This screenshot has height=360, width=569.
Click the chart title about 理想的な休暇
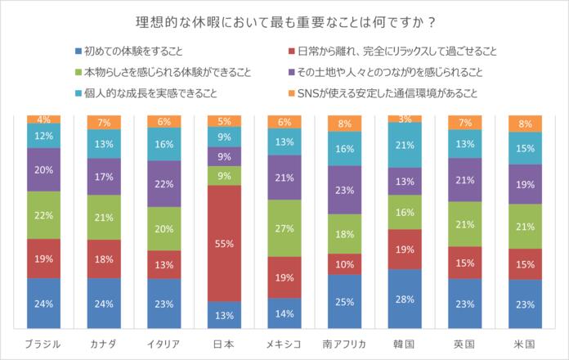pyautogui.click(x=284, y=20)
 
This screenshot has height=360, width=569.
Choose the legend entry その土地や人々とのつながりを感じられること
pyautogui.click(x=392, y=72)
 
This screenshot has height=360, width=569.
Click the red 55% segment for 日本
pyautogui.click(x=224, y=244)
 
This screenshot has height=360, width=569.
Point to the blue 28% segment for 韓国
pyautogui.click(x=405, y=299)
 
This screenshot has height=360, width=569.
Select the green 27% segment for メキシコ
pyautogui.click(x=284, y=228)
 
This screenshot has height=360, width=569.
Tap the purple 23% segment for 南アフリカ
pyautogui.click(x=344, y=190)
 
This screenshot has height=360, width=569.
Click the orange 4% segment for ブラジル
pyautogui.click(x=44, y=119)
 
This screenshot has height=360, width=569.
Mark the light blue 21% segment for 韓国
pyautogui.click(x=405, y=145)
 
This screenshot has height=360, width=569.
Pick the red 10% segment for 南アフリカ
pyautogui.click(x=344, y=264)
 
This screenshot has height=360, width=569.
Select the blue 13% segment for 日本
pyautogui.click(x=224, y=315)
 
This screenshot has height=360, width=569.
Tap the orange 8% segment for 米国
pyautogui.click(x=525, y=124)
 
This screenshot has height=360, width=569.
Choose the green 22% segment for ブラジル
pyautogui.click(x=44, y=214)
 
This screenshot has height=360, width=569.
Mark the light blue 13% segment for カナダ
pyautogui.click(x=104, y=144)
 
